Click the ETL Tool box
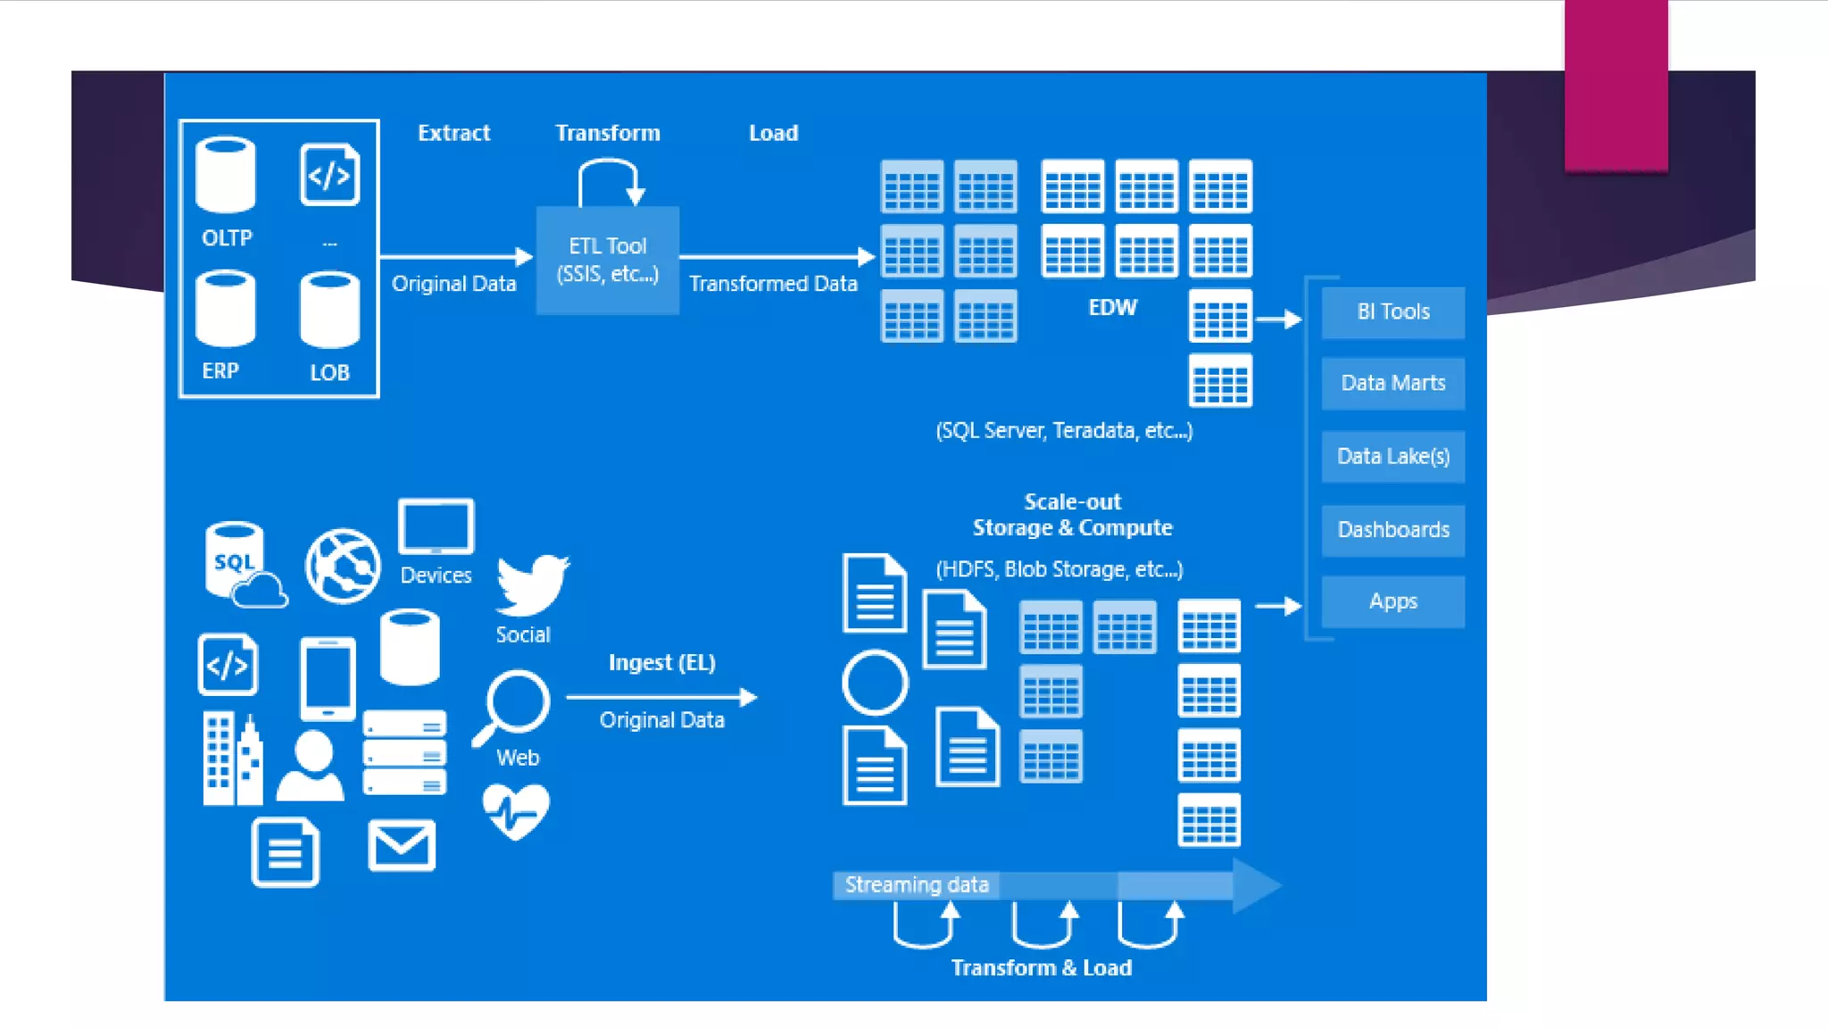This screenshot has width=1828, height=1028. [607, 260]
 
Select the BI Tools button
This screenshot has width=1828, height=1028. [1392, 312]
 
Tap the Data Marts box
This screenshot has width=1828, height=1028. [1392, 384]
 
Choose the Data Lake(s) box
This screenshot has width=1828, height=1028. [1392, 457]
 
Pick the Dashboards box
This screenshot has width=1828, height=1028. [1392, 530]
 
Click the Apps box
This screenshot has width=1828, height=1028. [1392, 601]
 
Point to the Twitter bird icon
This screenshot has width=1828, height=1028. [532, 585]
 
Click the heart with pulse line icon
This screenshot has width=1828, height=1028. [516, 811]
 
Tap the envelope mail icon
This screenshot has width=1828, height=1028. [402, 845]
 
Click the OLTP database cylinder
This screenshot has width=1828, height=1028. [226, 175]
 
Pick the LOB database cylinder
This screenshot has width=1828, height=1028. [329, 311]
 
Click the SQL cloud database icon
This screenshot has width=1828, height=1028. [241, 566]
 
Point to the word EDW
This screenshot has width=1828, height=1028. [1112, 308]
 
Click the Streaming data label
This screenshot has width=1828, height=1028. [917, 885]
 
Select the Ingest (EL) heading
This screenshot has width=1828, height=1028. [661, 663]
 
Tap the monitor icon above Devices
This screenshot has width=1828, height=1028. [436, 527]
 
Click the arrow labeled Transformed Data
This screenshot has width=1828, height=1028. [775, 257]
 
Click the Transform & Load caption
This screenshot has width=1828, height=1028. [1041, 968]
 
